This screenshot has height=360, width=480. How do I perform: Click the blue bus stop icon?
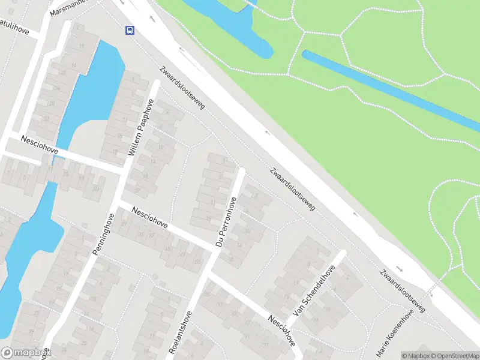[x=129, y=31]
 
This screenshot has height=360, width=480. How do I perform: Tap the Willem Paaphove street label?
[x=141, y=128]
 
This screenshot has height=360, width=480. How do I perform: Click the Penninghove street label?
[x=103, y=235]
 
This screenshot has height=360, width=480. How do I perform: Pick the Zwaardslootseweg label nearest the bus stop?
[x=182, y=87]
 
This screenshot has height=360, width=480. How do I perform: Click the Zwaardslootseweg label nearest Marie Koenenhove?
[x=402, y=291]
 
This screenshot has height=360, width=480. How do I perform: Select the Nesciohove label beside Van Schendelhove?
[x=282, y=331]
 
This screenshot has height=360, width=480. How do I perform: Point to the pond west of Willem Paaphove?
[x=90, y=90]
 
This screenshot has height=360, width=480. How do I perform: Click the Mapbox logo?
[x=25, y=353]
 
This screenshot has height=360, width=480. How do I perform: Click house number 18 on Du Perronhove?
[x=231, y=259]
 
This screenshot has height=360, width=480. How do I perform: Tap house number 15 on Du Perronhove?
[x=208, y=219]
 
